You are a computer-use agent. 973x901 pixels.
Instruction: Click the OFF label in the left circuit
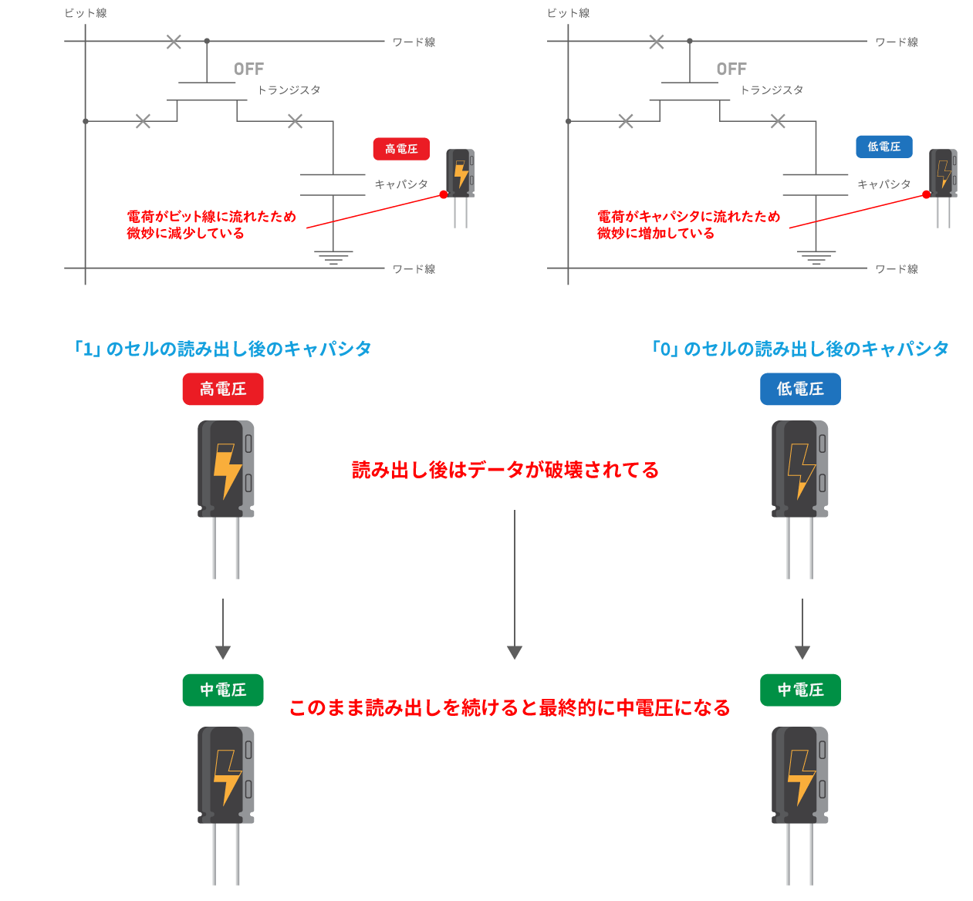(x=248, y=69)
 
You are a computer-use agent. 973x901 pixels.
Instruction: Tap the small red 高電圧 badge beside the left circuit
(x=401, y=149)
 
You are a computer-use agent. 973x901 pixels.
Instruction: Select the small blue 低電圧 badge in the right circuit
(x=883, y=147)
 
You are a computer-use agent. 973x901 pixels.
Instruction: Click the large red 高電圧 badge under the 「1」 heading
(x=223, y=390)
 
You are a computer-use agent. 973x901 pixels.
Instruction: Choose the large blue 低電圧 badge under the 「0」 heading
(x=800, y=390)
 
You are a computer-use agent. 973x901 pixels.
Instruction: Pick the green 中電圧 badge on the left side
(x=223, y=690)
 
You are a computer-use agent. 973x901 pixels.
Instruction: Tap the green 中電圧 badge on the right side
(x=800, y=690)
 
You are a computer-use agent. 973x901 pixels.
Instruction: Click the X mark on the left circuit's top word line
(x=174, y=42)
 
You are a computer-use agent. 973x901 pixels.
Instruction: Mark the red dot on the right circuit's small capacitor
(x=926, y=194)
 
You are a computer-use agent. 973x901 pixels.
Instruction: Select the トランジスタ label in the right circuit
(x=772, y=90)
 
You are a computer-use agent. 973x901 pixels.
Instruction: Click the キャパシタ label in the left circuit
(x=400, y=184)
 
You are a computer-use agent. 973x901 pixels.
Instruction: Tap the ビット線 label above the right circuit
(x=568, y=13)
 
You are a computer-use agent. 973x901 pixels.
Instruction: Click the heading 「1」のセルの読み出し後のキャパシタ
(x=223, y=349)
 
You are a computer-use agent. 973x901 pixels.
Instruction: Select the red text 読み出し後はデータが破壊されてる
(x=505, y=470)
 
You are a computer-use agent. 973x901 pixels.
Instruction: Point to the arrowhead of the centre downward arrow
(x=515, y=653)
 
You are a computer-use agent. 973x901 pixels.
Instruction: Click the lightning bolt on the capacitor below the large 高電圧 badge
(x=227, y=470)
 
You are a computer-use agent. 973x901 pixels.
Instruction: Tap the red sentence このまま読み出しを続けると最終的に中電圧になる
(x=509, y=707)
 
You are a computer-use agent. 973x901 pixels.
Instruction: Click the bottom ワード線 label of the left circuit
(x=414, y=269)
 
